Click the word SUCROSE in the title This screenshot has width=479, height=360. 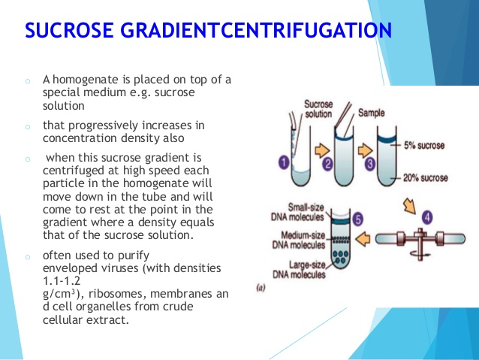coord(69,30)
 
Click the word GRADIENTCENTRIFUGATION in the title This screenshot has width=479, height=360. coord(256,30)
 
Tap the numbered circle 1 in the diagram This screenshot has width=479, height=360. coord(284,162)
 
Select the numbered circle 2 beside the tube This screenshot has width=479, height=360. coord(327,165)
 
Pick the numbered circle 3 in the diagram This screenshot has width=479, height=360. coord(370,164)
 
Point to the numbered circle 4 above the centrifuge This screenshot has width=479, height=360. coord(427,217)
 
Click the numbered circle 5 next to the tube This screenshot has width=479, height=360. coord(357,219)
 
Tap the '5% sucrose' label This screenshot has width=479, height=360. coord(424,145)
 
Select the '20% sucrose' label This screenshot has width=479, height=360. coord(425,177)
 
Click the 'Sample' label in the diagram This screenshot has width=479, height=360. coord(371,113)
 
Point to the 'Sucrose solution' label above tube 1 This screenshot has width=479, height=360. coord(318,109)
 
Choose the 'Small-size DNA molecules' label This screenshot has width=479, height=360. coord(297,212)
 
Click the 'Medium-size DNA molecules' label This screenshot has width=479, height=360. coord(299,240)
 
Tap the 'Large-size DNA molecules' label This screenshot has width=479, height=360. coord(299,270)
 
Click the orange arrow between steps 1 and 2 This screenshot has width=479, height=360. coord(322,150)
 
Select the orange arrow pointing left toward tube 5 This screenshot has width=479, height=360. coord(363,239)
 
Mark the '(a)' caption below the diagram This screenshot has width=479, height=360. coord(261,288)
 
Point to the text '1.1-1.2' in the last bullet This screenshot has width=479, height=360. coord(62,280)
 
